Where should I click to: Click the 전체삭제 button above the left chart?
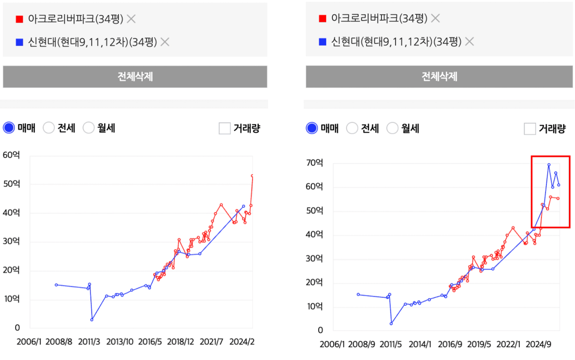click(x=135, y=77)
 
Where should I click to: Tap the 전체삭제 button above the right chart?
click(x=439, y=77)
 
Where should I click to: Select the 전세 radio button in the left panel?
click(x=49, y=128)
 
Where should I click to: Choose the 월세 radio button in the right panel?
click(x=392, y=128)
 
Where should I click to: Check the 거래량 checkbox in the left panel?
click(x=225, y=128)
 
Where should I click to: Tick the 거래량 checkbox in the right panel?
click(x=530, y=129)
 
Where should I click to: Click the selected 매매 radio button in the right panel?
click(x=312, y=128)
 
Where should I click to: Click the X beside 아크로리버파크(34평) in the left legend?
click(x=131, y=19)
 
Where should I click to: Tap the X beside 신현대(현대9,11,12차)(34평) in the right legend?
click(x=470, y=41)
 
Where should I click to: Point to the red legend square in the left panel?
click(x=20, y=19)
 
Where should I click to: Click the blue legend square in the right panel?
click(x=322, y=41)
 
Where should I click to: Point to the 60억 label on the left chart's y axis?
click(x=11, y=155)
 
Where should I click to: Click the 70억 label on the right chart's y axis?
click(x=315, y=163)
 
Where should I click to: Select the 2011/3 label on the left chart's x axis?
click(x=89, y=342)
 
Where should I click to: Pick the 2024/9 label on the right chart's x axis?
click(x=538, y=344)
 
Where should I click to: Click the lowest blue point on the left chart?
click(x=92, y=320)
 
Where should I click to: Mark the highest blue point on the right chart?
click(x=549, y=165)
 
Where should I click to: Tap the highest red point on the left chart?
click(x=252, y=176)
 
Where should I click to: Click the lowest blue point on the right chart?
click(x=391, y=324)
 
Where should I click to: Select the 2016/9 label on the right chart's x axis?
click(x=450, y=344)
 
